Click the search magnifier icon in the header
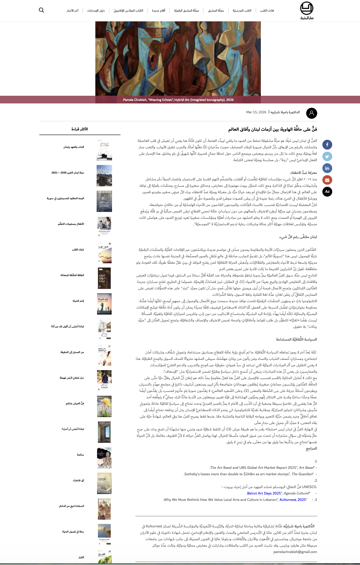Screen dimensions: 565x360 tap(41, 10)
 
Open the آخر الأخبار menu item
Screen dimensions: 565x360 tap(72, 10)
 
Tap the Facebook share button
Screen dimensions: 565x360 tap(327, 144)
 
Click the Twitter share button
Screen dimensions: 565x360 tap(327, 156)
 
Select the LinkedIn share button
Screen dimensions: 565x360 tap(327, 168)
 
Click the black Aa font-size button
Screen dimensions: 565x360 tap(327, 191)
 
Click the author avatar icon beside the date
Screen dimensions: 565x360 tap(312, 113)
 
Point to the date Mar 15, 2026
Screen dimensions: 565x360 tap(256, 112)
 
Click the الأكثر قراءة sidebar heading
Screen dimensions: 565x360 tap(80, 129)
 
